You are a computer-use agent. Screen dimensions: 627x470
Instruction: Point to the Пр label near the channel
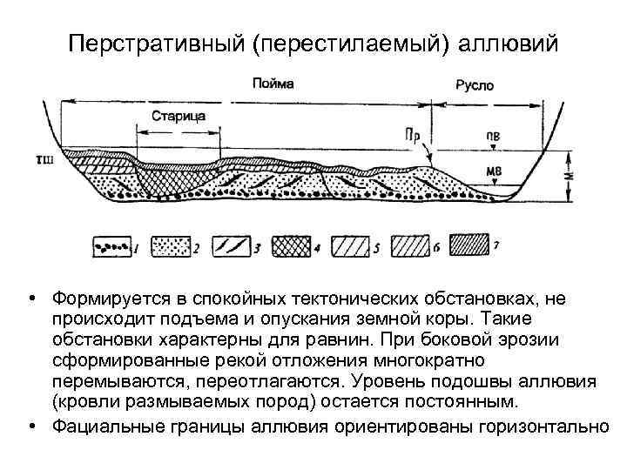[415, 137]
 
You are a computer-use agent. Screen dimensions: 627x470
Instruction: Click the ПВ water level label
[493, 137]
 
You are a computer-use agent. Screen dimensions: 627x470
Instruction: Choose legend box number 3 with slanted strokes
[229, 247]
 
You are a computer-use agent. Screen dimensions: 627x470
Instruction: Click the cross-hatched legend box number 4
[290, 247]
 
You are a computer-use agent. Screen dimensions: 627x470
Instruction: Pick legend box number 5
[350, 247]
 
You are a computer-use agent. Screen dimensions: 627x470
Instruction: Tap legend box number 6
[410, 247]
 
